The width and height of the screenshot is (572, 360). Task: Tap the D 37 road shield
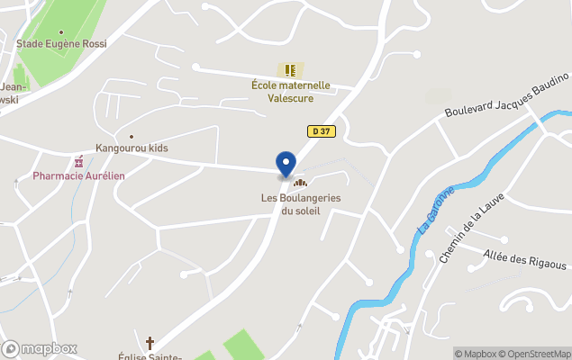pyautogui.click(x=319, y=131)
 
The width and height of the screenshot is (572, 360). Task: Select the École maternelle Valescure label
pyautogui.click(x=290, y=92)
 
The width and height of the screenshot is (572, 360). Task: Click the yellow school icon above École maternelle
pyautogui.click(x=290, y=69)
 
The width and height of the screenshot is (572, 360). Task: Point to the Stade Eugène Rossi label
pyautogui.click(x=61, y=42)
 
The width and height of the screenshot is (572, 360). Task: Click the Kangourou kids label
pyautogui.click(x=132, y=148)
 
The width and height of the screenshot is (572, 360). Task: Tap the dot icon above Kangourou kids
pyautogui.click(x=132, y=137)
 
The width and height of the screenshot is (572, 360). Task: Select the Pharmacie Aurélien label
pyautogui.click(x=79, y=175)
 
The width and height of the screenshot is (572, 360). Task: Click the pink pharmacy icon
pyautogui.click(x=79, y=162)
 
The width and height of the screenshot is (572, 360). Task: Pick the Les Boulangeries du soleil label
pyautogui.click(x=291, y=204)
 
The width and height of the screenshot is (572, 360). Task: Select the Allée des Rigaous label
pyautogui.click(x=524, y=261)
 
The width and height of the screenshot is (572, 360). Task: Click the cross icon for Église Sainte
pyautogui.click(x=150, y=343)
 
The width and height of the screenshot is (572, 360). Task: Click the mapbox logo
pyautogui.click(x=40, y=348)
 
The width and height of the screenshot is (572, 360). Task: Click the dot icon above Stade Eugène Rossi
pyautogui.click(x=61, y=31)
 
